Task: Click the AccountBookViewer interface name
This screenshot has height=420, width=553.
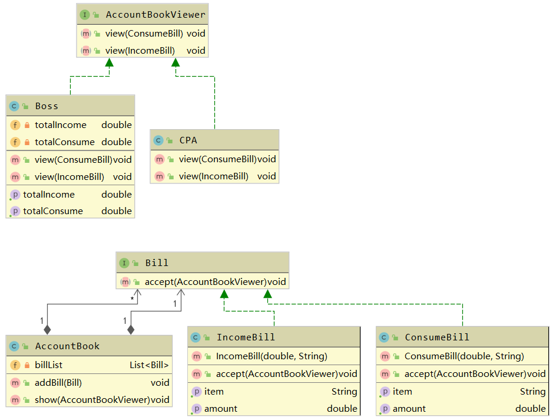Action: point(155,15)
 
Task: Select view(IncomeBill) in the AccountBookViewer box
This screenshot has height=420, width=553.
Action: point(140,51)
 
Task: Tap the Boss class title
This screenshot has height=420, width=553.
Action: point(47,106)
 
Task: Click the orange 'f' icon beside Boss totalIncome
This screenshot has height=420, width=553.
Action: point(15,125)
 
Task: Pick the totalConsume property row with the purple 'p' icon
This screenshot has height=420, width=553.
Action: point(53,211)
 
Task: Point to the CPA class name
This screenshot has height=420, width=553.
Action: point(188,140)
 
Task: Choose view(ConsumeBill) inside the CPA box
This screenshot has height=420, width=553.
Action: point(218,159)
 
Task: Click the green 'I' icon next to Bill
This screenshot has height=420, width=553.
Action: point(124,263)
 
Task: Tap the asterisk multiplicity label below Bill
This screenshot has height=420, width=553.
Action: point(133,300)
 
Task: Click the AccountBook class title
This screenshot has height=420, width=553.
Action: point(67,346)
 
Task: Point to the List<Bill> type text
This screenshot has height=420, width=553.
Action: point(149,365)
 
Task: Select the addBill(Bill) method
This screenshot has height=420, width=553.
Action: point(58,383)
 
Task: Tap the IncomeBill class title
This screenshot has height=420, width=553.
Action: point(246,337)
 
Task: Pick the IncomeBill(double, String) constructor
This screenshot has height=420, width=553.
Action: point(271,356)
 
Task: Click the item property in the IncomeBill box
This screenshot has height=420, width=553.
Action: point(214,392)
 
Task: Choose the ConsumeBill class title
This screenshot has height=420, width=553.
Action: point(437,337)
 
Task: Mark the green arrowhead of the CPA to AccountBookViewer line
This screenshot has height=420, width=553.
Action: point(175,63)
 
